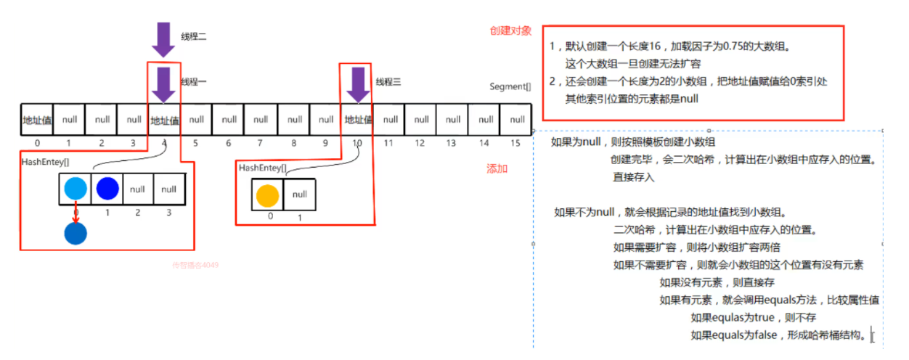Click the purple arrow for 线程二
pyautogui.click(x=163, y=39)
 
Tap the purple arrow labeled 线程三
pyautogui.click(x=357, y=85)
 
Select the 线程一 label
pyautogui.click(x=194, y=82)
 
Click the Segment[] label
pyautogui.click(x=510, y=86)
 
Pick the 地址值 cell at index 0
pyautogui.click(x=36, y=120)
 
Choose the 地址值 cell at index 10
pyautogui.click(x=358, y=120)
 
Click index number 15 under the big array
pyautogui.click(x=515, y=143)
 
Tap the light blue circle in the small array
pyautogui.click(x=75, y=189)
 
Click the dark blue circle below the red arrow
pyautogui.click(x=75, y=232)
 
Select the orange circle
pyautogui.click(x=267, y=195)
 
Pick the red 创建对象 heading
pyautogui.click(x=510, y=31)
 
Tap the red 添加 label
pyautogui.click(x=497, y=168)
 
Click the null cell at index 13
pyautogui.click(x=453, y=120)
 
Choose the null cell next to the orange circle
pyautogui.click(x=299, y=195)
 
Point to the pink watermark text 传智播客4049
pyautogui.click(x=195, y=266)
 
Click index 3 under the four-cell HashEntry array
pyautogui.click(x=168, y=213)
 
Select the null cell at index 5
pyautogui.click(x=197, y=120)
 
